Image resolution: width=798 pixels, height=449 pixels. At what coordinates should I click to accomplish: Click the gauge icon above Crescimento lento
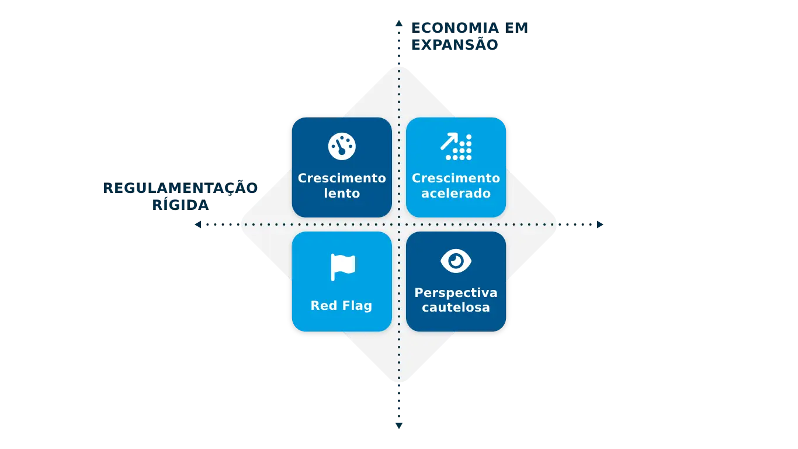point(342,146)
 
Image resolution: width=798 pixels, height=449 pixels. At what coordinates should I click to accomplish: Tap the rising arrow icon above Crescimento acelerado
point(456,146)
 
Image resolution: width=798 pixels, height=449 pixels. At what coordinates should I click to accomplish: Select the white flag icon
point(342,267)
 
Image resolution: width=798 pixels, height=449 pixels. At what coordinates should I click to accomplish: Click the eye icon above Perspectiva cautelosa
point(456,261)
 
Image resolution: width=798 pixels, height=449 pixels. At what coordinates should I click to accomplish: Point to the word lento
point(342,194)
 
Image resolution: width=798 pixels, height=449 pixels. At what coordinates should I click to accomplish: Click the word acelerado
point(456,194)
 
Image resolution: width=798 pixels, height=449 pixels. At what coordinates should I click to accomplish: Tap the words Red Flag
point(341,305)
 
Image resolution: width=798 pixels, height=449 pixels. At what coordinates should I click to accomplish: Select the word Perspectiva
point(456,292)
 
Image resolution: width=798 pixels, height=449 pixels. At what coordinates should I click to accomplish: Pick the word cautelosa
point(456,308)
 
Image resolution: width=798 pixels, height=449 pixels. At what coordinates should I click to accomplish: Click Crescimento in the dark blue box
point(342,178)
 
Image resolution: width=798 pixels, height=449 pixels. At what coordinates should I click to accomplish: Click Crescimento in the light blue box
point(456,178)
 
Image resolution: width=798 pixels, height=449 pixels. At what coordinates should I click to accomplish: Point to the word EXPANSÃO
point(455,44)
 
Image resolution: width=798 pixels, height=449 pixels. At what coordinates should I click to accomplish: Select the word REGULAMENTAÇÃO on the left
point(181,189)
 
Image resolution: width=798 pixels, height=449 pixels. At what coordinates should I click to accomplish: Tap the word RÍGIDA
point(179,205)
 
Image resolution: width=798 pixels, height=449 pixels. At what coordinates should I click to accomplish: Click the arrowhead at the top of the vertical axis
point(399,24)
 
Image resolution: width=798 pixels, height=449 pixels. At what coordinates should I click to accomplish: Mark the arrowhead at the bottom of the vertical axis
point(399,425)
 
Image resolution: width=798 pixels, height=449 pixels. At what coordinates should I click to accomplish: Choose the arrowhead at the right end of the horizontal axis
point(603,224)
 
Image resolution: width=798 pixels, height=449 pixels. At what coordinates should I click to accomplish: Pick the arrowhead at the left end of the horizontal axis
point(196,224)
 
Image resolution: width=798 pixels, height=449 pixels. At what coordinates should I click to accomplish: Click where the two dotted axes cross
point(399,224)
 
